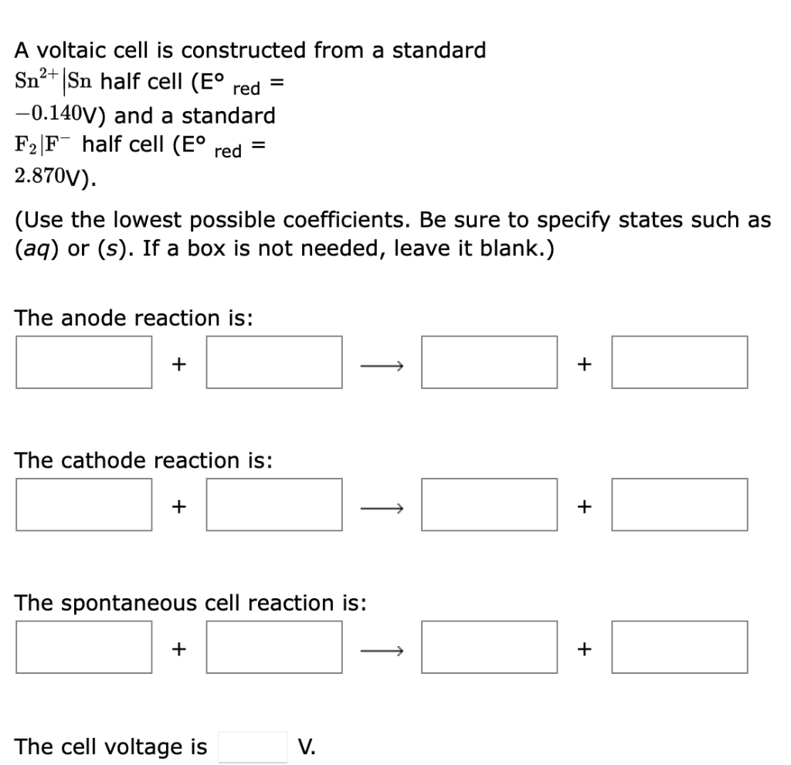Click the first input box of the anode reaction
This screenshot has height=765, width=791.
point(83,362)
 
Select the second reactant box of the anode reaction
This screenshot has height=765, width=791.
point(273,362)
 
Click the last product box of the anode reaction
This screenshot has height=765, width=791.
point(680,362)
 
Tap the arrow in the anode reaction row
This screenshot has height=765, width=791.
point(382,364)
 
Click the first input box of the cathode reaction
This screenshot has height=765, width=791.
point(83,505)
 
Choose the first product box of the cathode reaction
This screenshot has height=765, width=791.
point(489,505)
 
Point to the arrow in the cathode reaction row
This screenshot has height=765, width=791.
point(382,506)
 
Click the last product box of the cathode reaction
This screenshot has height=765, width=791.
point(680,505)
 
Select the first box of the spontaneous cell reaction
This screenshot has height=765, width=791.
point(83,648)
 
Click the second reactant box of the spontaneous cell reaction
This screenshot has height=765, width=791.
point(273,648)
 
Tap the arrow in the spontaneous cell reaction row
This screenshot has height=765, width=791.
point(382,649)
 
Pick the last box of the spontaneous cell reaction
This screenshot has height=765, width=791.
point(680,648)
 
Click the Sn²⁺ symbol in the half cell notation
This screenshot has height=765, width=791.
point(36,81)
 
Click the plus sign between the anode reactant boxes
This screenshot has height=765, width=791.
point(178,363)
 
